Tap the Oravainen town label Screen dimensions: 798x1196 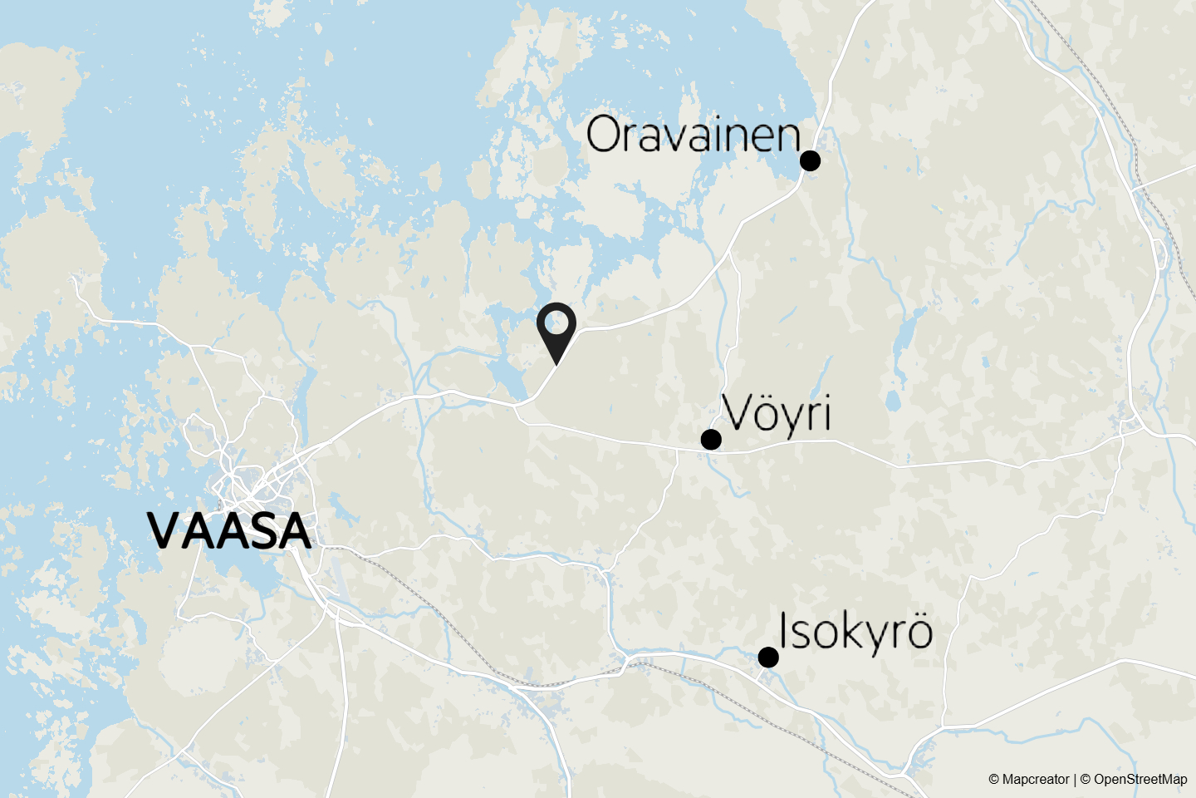(693, 135)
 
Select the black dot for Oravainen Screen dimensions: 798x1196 (810, 160)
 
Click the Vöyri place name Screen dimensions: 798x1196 (777, 413)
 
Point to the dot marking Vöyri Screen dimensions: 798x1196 (711, 439)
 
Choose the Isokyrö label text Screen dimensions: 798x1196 (855, 632)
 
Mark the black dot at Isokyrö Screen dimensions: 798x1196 (768, 658)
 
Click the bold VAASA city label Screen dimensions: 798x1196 (229, 531)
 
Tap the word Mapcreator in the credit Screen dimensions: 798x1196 (1036, 780)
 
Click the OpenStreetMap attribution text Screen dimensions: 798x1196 (1140, 780)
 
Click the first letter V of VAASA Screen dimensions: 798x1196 (165, 531)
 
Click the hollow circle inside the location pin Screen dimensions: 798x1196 (556, 322)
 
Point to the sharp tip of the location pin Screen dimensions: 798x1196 (556, 363)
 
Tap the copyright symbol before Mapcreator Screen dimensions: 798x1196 (993, 780)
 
